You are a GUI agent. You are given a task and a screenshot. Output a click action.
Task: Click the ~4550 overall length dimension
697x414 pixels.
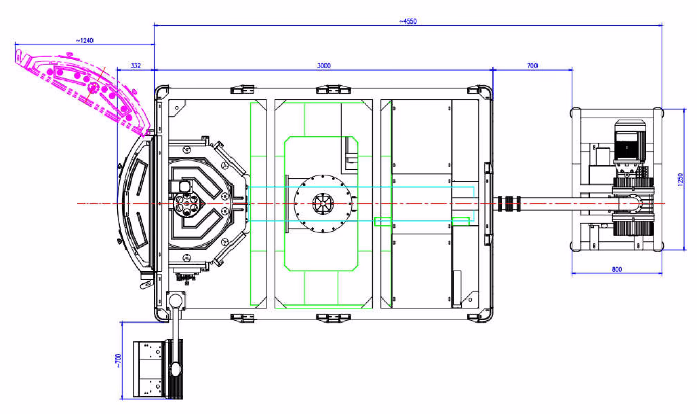(x=408, y=21)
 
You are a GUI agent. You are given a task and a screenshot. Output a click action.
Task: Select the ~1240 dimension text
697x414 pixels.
(x=85, y=41)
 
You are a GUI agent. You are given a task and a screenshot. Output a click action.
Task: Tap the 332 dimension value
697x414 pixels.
(x=135, y=66)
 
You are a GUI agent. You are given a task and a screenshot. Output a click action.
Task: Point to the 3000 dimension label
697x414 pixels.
(x=323, y=66)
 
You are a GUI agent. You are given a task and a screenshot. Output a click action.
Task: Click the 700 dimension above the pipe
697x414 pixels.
(x=532, y=66)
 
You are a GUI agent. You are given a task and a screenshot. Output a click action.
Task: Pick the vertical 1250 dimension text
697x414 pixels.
(x=680, y=179)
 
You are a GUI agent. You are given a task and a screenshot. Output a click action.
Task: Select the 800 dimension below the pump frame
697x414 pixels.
(x=617, y=269)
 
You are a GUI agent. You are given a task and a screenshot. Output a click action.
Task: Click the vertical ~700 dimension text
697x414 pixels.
(x=118, y=361)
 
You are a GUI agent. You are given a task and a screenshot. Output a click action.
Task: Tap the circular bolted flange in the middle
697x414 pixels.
(x=323, y=203)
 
